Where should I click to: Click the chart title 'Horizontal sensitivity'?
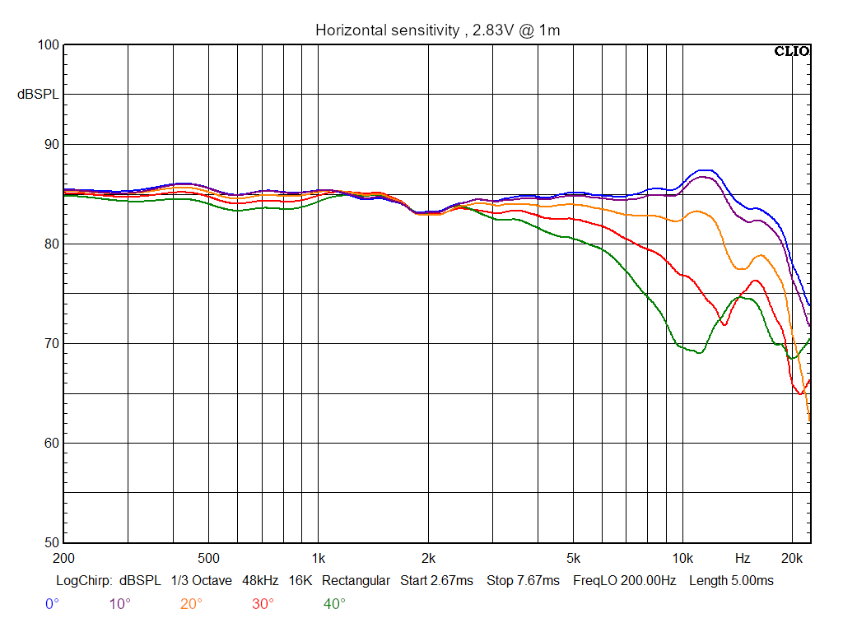[388, 30]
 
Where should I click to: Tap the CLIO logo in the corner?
[792, 51]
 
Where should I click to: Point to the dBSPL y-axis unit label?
[38, 95]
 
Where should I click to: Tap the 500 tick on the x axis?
[208, 558]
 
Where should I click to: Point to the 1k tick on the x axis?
[319, 558]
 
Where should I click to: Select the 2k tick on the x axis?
[428, 558]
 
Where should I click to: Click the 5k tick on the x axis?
[573, 558]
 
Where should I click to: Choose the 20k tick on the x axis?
[792, 558]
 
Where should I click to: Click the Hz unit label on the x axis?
[743, 558]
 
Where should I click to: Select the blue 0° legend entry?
[52, 604]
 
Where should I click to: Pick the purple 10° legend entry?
[119, 604]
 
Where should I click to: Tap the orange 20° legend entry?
[191, 604]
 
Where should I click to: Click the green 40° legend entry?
[334, 604]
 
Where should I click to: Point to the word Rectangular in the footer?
[356, 580]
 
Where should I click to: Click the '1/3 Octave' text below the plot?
[201, 580]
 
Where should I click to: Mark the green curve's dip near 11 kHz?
[700, 352]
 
